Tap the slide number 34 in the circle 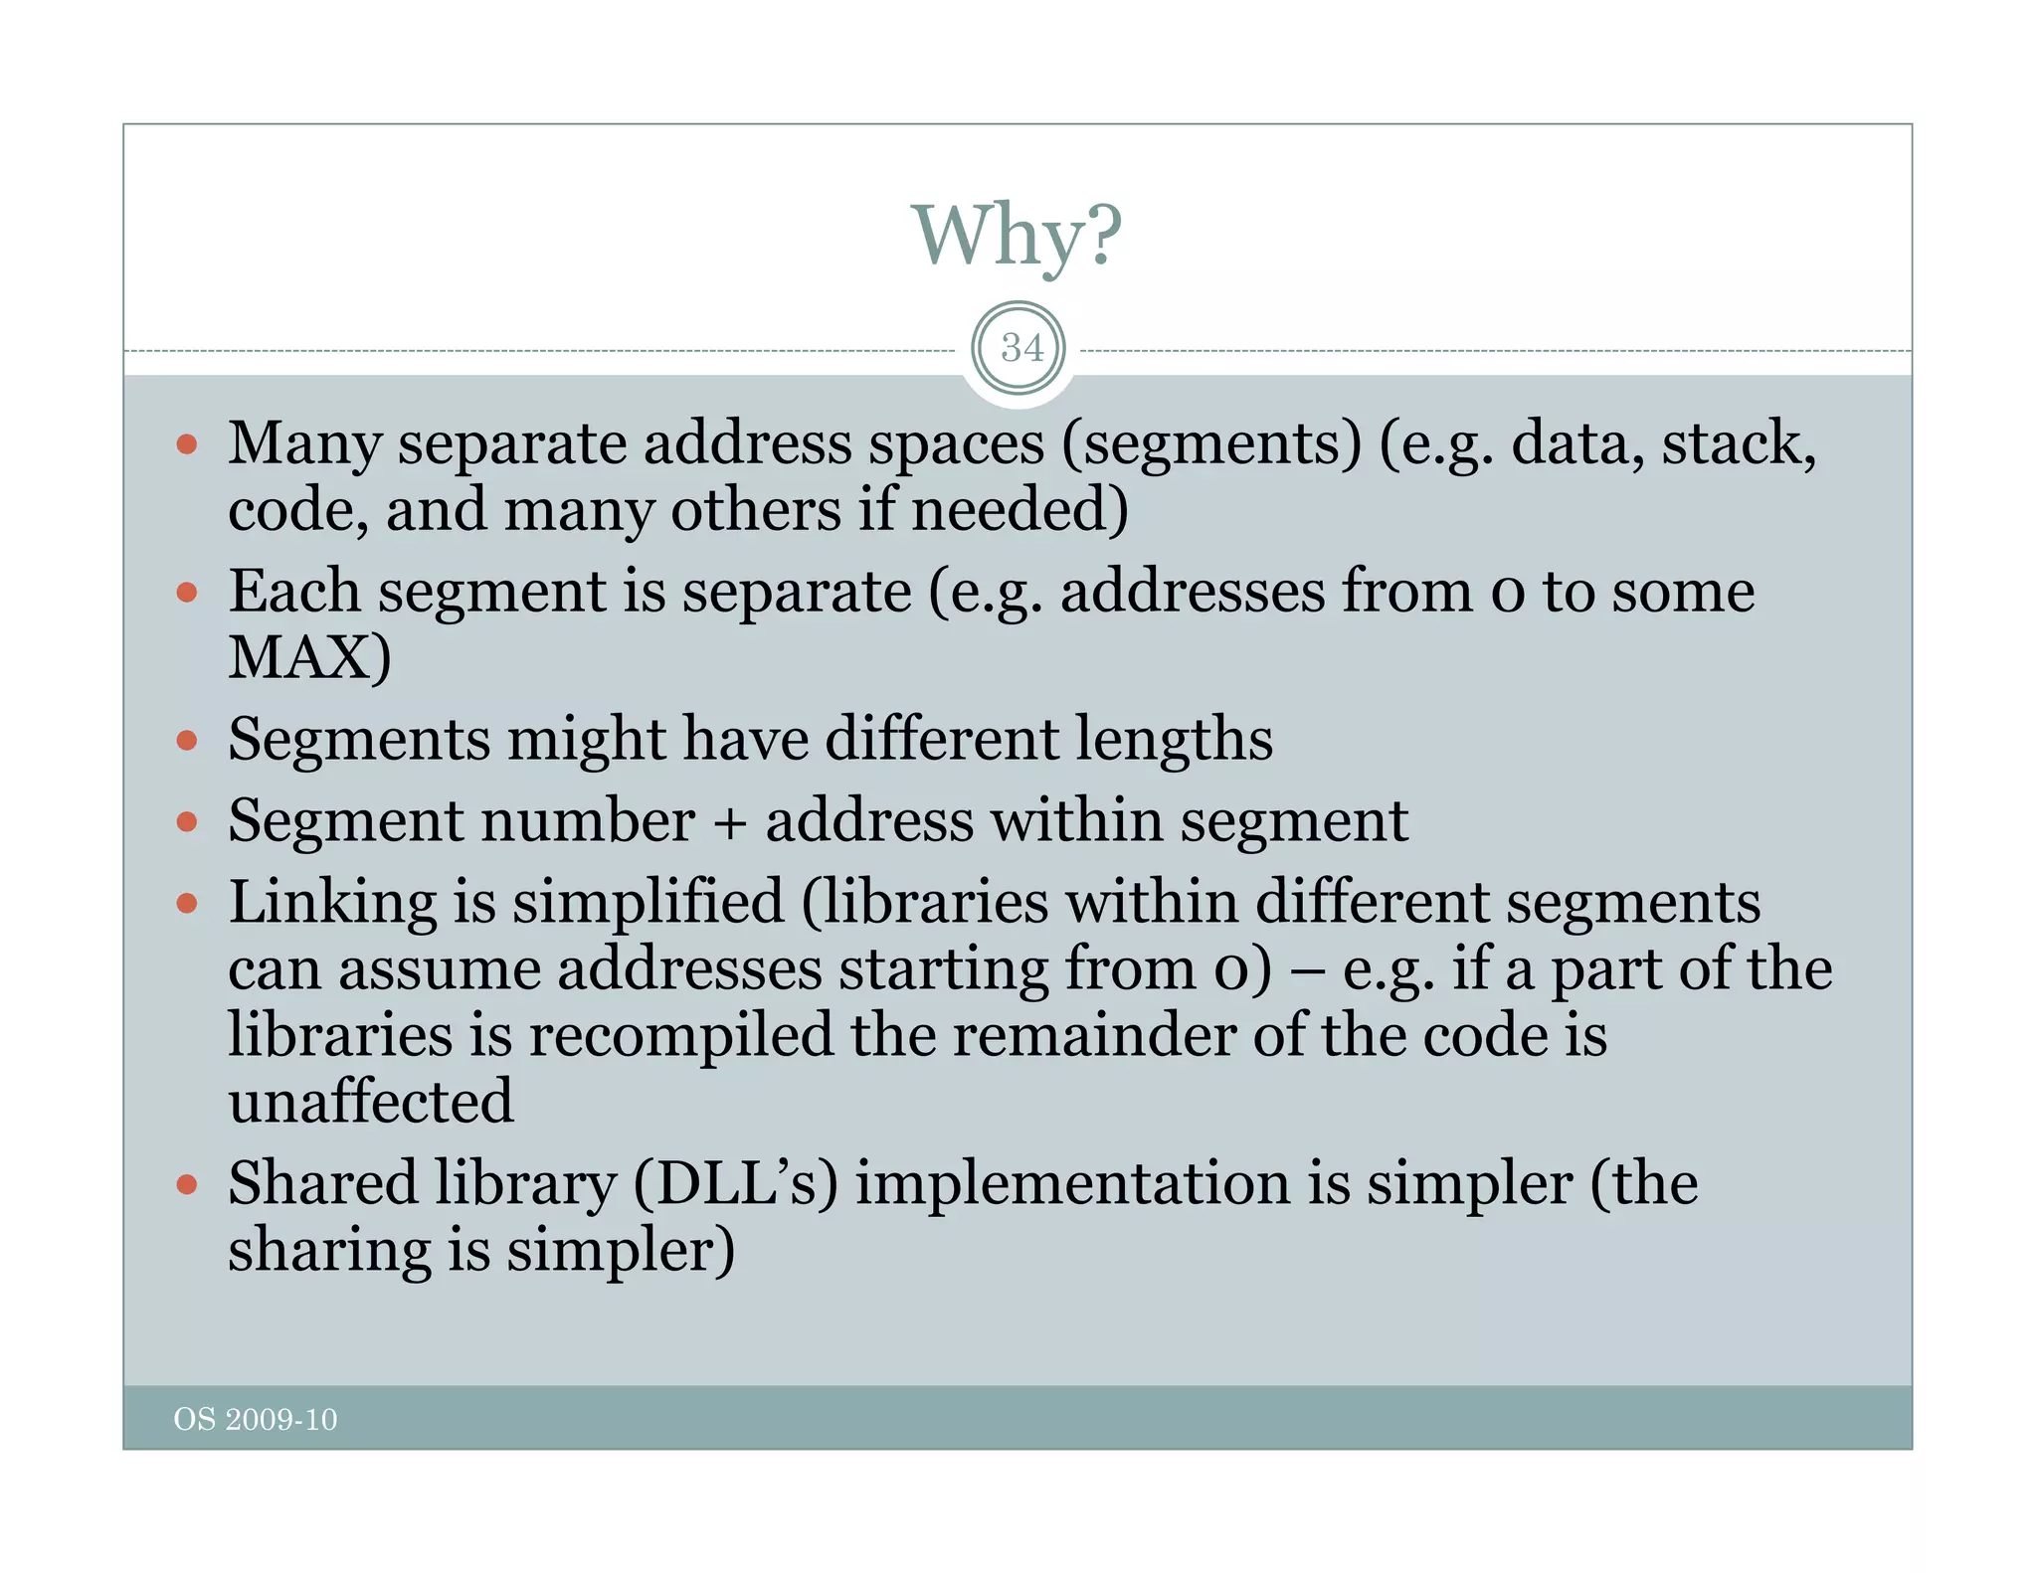coord(1021,348)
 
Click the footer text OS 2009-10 coord(256,1419)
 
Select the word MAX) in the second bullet coord(309,657)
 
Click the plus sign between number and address coord(729,823)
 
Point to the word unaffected coord(371,1101)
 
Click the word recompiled coord(680,1035)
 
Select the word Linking coord(332,903)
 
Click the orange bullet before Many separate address coord(187,443)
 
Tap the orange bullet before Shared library coord(187,1184)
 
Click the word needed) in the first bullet coord(1019,510)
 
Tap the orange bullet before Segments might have coord(187,740)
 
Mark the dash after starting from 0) coord(1307,970)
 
